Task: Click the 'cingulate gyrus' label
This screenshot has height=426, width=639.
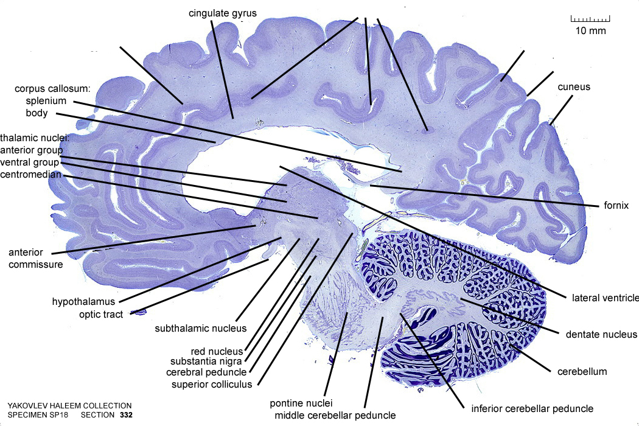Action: point(223,13)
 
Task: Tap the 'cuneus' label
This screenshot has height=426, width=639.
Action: point(574,87)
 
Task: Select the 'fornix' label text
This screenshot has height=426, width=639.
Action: point(616,206)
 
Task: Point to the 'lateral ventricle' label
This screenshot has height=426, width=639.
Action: point(605,298)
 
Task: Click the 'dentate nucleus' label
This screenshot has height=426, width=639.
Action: point(601,335)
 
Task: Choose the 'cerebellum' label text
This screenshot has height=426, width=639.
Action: point(582,371)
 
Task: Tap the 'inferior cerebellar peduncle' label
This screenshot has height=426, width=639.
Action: point(532,409)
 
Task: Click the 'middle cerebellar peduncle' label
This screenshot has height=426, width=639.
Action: point(335,416)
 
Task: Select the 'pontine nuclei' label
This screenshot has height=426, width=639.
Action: point(301,403)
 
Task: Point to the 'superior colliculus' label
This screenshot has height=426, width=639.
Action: point(212,385)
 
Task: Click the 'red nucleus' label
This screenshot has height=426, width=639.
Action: point(217,351)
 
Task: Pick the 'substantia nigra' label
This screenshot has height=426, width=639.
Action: point(206,361)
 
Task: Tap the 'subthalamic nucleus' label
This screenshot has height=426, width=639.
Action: point(200,328)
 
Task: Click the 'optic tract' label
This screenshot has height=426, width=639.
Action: point(101,315)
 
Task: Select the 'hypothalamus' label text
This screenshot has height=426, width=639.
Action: point(83,302)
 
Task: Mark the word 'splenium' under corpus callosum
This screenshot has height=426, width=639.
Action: point(46,101)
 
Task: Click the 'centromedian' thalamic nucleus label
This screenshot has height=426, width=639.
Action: point(30,175)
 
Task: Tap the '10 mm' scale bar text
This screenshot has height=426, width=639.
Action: point(590,30)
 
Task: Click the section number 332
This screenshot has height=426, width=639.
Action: point(127,415)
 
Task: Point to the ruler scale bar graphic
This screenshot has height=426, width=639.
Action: point(590,19)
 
